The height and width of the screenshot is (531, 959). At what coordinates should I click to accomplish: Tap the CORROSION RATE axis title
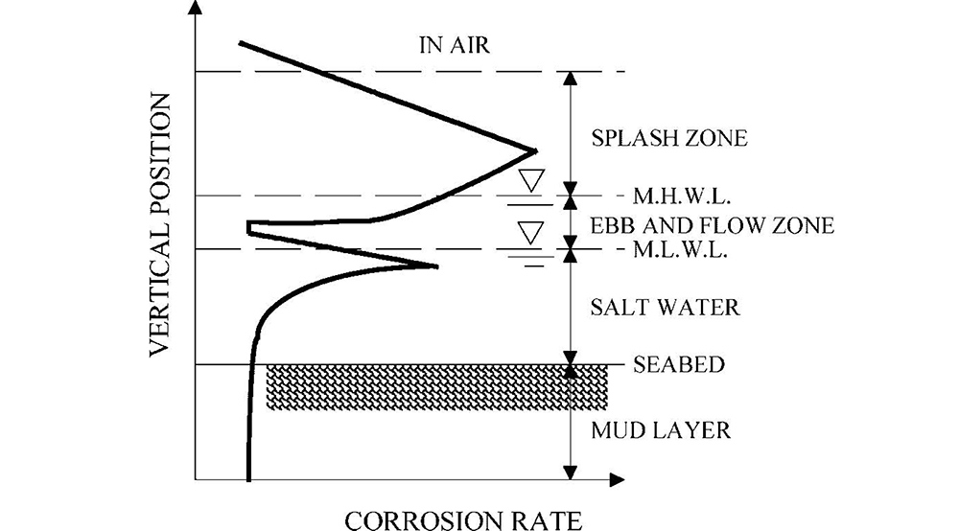click(x=462, y=520)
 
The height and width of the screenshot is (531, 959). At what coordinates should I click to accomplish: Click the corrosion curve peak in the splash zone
click(x=534, y=150)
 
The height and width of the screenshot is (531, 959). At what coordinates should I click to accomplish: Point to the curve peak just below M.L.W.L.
click(x=436, y=266)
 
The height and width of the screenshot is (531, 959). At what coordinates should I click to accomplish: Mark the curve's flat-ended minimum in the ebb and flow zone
click(x=249, y=227)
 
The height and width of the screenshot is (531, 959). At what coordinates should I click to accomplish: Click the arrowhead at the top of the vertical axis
click(x=196, y=10)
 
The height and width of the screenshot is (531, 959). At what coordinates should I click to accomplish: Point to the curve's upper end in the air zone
click(x=240, y=42)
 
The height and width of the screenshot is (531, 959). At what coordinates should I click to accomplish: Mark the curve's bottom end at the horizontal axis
click(x=248, y=477)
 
